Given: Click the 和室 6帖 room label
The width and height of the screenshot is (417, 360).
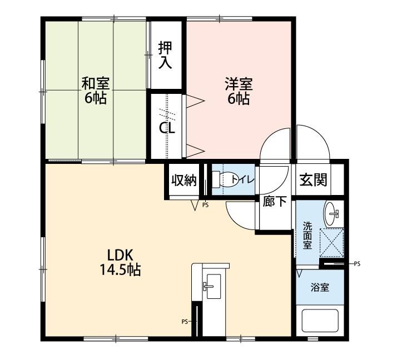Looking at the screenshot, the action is point(95,91).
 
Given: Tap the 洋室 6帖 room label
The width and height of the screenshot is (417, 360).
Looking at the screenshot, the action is point(239,91).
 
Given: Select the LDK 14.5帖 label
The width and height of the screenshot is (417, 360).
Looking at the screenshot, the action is point(120,262).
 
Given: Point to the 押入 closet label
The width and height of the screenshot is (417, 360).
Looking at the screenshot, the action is point(165,55).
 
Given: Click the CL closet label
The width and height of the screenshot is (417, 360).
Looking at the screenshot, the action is point(167,128).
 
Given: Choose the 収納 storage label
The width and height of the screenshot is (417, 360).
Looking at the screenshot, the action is point(184,181).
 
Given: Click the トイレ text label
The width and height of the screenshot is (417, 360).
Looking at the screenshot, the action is point(242,179).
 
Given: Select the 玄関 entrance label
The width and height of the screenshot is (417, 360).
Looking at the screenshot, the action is point(313,179).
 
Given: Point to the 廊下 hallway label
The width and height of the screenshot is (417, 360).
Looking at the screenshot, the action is point(275,201).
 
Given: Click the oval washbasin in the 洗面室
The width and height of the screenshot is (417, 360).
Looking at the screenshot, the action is point(331,213).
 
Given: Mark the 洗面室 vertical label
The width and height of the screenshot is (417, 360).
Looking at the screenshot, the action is point(307,236).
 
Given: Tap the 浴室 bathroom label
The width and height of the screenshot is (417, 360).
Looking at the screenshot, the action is point(320,287).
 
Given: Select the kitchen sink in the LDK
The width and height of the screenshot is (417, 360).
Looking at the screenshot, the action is point(212,286).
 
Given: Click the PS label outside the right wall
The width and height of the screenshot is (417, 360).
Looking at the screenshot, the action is point(357,264).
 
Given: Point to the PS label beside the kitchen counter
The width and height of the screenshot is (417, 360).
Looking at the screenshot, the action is point(185,322).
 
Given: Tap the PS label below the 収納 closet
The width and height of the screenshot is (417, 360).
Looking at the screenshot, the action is point(205,205).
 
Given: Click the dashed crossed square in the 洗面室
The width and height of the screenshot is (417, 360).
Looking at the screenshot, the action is point(331,243).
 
